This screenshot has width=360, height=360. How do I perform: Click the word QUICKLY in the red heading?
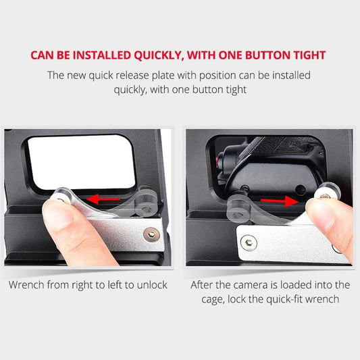click(159, 55)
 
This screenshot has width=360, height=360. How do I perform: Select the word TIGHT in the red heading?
click(310, 55)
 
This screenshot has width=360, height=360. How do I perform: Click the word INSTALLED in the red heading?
click(101, 55)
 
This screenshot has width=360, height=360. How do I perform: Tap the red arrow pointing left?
click(103, 199)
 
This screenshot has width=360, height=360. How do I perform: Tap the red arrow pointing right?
click(280, 201)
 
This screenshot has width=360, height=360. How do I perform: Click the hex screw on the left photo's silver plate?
click(151, 234)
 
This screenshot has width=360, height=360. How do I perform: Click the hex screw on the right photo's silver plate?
click(249, 242)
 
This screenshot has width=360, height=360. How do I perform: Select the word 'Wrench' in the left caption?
click(26, 285)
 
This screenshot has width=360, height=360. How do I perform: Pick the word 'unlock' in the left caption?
click(152, 285)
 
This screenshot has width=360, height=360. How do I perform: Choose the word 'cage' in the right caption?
click(211, 300)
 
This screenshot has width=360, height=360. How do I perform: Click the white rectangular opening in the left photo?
click(82, 162)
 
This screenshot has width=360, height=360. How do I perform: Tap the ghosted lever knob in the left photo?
click(145, 203)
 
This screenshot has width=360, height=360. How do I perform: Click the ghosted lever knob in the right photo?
click(238, 209)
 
